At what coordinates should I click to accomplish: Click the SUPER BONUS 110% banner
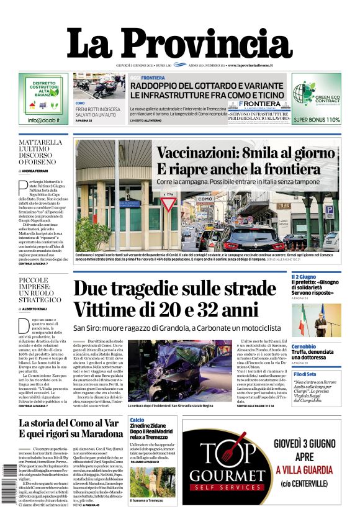click(317, 120)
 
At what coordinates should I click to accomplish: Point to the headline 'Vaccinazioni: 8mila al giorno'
click(246, 153)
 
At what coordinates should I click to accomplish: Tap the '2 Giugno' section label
click(304, 277)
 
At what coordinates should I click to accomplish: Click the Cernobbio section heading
click(304, 346)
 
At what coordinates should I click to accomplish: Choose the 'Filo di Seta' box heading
click(305, 374)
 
